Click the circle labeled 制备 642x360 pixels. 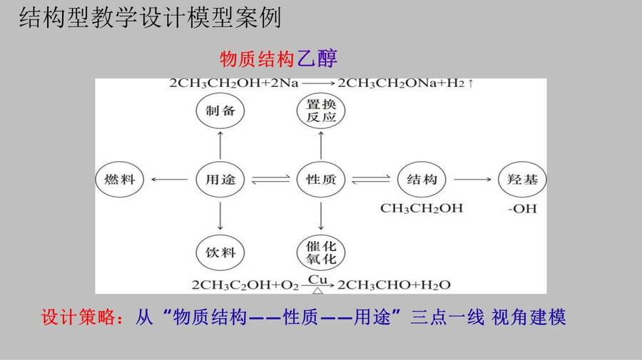click(x=220, y=111)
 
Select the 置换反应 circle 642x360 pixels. click(x=320, y=111)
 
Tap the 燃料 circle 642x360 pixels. click(x=120, y=180)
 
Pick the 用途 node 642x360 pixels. click(x=220, y=180)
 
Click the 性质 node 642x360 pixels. click(x=320, y=180)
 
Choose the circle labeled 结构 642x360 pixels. click(x=422, y=180)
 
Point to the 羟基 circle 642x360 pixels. click(x=522, y=180)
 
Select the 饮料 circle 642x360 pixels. click(x=220, y=253)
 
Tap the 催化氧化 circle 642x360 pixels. click(x=320, y=253)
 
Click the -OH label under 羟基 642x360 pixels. click(x=522, y=209)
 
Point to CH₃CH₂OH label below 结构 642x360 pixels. click(x=422, y=208)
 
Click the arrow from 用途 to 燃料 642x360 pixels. click(x=169, y=179)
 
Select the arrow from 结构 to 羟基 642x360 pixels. click(x=472, y=179)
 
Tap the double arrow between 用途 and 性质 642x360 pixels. click(x=270, y=180)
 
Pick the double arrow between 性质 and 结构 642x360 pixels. click(x=371, y=180)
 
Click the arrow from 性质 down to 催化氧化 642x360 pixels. click(x=320, y=216)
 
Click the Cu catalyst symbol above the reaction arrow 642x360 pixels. click(x=317, y=279)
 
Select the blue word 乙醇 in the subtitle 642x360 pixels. click(x=317, y=59)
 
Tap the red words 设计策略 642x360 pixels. click(x=78, y=317)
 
